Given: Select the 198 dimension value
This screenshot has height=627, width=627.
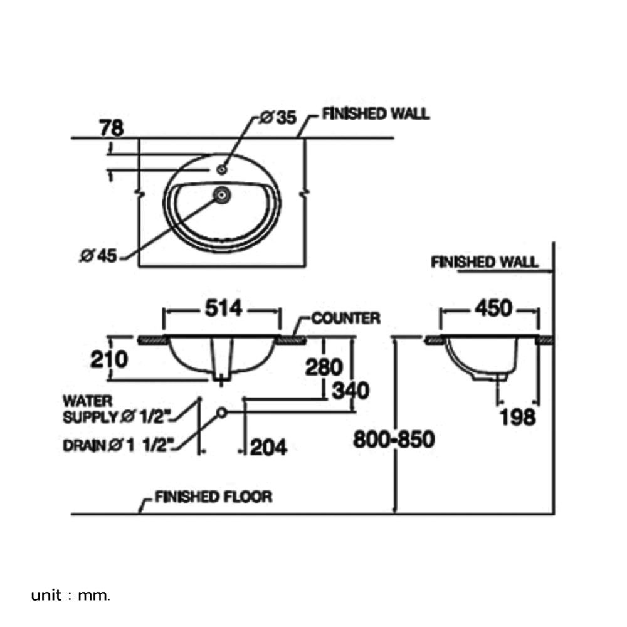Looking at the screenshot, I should (517, 416).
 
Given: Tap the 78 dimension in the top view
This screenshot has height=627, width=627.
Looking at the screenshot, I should (111, 127).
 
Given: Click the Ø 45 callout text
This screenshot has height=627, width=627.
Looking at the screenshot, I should (98, 256).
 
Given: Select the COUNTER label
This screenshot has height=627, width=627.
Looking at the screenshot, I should (345, 319).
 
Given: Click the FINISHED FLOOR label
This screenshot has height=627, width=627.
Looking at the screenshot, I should (213, 497).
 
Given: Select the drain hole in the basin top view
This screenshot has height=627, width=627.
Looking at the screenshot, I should (221, 196).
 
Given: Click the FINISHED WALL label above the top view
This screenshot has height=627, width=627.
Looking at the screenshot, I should (376, 114).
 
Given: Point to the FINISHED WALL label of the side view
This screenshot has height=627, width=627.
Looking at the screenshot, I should (485, 262).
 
